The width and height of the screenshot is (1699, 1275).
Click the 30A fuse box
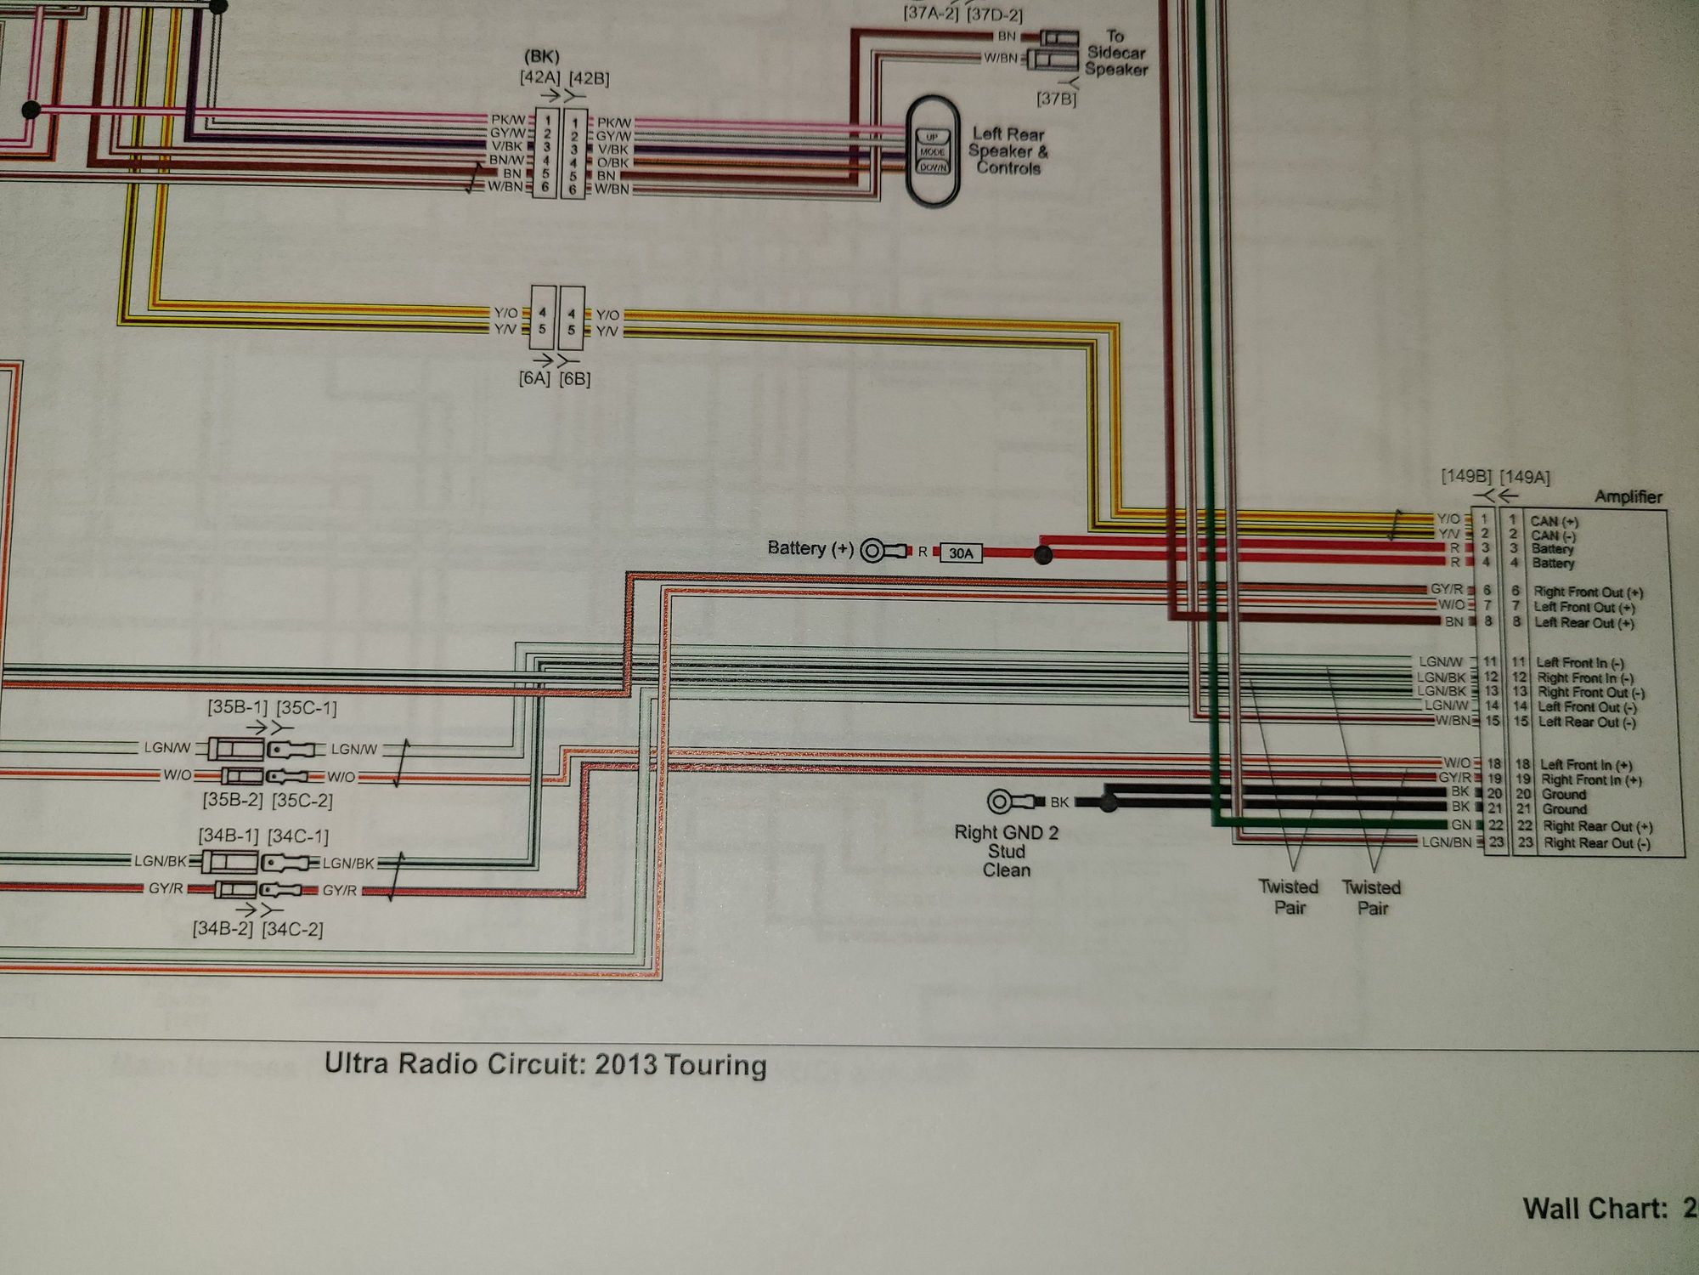[961, 553]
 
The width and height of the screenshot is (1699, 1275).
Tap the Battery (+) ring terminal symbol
[872, 551]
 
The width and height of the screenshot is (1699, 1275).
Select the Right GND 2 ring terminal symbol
[1000, 802]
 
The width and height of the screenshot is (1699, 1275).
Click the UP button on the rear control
[932, 138]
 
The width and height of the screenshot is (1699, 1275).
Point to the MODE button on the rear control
[932, 152]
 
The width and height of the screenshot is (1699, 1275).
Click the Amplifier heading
[1628, 497]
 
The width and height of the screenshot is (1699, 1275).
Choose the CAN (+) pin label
[1554, 521]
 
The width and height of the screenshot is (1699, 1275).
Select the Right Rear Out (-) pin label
[1596, 843]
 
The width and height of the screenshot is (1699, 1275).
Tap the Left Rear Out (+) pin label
[1583, 623]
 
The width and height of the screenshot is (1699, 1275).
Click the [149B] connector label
[1465, 476]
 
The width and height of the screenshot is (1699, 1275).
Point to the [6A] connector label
[534, 378]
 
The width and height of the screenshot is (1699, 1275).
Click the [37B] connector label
[1056, 99]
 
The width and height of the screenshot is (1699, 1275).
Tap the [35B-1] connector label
[237, 707]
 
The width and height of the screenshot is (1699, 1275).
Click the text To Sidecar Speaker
[1115, 53]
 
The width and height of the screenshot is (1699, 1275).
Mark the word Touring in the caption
[715, 1065]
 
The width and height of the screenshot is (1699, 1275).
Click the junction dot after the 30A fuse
[1044, 555]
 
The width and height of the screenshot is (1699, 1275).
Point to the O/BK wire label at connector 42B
[612, 162]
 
